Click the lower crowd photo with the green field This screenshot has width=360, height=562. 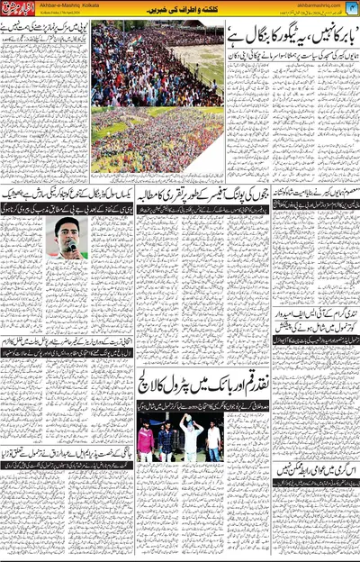[x=157, y=140]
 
